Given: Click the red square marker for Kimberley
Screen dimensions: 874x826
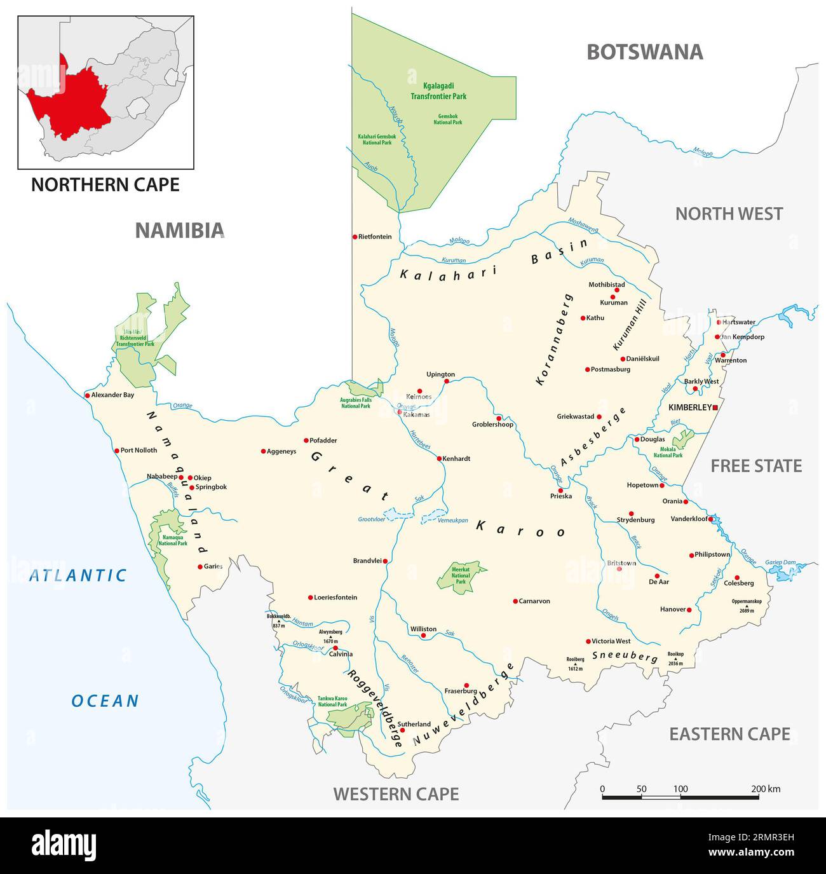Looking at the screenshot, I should point(715,407).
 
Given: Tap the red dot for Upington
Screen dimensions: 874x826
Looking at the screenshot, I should point(446,381).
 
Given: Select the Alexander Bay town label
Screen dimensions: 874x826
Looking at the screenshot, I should point(112,395).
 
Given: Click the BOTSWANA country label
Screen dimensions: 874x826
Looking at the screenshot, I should point(644,52).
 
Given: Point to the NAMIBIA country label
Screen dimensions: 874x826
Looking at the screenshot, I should point(180,230).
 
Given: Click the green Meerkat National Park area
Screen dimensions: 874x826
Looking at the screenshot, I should point(461,575).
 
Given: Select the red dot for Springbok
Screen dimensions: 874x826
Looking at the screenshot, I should point(191,488).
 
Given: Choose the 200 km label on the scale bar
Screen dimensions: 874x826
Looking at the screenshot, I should point(765,789).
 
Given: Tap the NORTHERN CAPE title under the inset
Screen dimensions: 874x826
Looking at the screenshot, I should point(105,184).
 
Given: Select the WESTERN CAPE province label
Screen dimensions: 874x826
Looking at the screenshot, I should point(396,793).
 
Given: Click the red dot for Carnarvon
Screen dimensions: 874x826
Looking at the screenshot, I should point(515,601).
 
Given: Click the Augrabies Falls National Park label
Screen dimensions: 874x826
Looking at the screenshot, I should point(356,402).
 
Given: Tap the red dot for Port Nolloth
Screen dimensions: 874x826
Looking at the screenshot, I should point(116,451).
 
